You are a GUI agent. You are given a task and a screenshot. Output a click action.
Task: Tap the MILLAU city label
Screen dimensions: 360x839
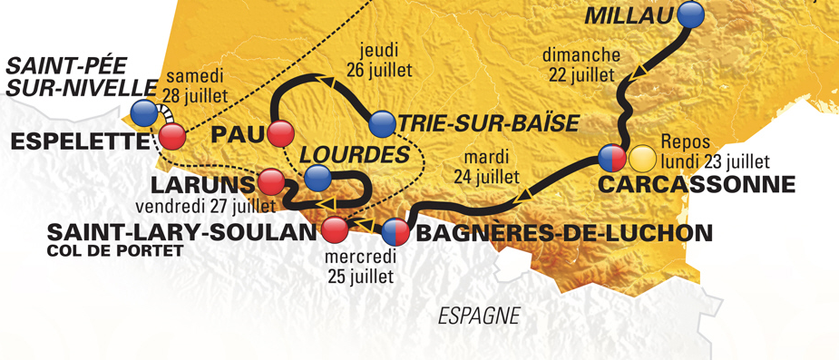click(630, 15)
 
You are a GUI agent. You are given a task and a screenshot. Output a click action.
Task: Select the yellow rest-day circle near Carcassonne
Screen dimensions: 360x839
click(642, 159)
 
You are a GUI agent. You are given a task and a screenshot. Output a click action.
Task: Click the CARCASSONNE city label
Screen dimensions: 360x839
click(696, 185)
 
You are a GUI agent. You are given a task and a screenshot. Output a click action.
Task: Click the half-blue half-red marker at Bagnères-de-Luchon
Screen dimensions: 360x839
click(395, 232)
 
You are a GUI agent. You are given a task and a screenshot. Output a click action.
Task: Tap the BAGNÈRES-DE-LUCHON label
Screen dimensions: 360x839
click(562, 233)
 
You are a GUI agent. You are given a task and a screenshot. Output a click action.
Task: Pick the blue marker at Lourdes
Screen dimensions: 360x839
click(317, 178)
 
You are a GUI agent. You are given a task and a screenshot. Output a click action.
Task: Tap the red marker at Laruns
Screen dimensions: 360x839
click(269, 182)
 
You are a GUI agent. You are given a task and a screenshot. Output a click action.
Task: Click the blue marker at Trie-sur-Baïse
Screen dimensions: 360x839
click(383, 122)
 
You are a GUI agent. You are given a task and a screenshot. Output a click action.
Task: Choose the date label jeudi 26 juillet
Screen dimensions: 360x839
click(379, 59)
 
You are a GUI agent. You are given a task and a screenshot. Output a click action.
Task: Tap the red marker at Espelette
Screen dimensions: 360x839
click(172, 137)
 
